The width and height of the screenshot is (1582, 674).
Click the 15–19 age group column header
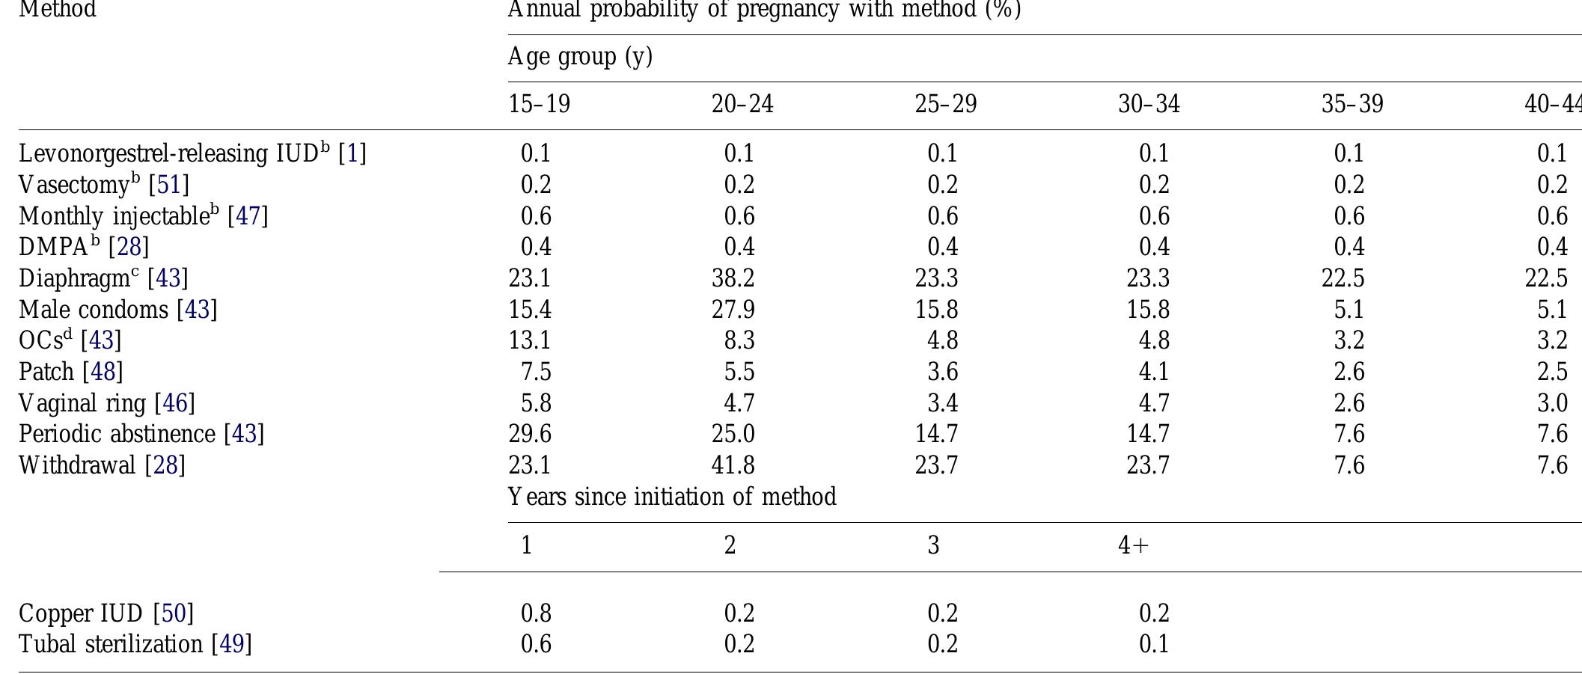coord(539,104)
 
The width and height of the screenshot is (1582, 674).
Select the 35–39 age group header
coord(1352,104)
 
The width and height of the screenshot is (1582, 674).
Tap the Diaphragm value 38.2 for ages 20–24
coord(733,278)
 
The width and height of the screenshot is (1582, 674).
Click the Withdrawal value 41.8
coord(733,465)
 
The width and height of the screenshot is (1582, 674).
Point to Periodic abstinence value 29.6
coord(530,434)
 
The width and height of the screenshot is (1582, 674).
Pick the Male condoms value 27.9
coord(733,310)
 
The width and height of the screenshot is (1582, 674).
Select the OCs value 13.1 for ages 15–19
coord(530,340)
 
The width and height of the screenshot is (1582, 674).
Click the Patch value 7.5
coord(536,372)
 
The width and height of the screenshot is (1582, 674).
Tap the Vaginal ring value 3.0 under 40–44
coord(1552,403)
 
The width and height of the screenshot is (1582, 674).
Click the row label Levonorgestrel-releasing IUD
coord(168,153)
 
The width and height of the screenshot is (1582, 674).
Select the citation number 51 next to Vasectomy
coord(169,185)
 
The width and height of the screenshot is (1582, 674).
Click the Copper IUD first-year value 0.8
coord(536,613)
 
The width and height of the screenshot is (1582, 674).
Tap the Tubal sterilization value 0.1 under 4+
coord(1153,644)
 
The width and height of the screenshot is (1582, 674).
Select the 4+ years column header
coord(1132,545)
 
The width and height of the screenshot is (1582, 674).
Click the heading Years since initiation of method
coord(671,497)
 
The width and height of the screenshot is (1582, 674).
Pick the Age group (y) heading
coord(580,57)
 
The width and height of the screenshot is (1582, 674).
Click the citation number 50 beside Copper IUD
coord(174,613)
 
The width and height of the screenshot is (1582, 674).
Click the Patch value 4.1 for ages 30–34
coord(1153,372)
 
